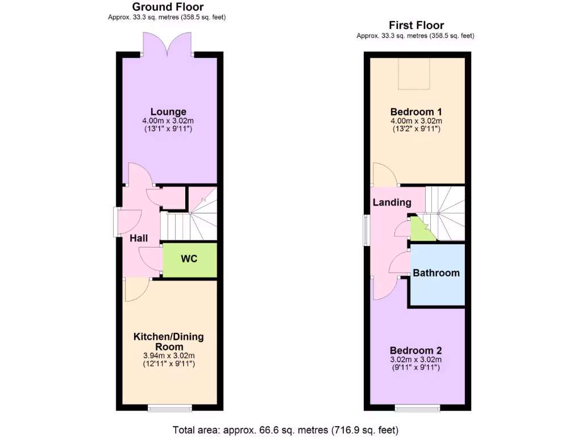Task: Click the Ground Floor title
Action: pyautogui.click(x=168, y=7)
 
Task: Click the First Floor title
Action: pyautogui.click(x=416, y=25)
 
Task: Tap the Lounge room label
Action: pyautogui.click(x=168, y=112)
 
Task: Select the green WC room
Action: pyautogui.click(x=189, y=259)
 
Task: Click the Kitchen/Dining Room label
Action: pyautogui.click(x=168, y=341)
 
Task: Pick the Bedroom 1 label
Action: pyautogui.click(x=416, y=112)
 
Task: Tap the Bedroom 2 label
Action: pyautogui.click(x=415, y=351)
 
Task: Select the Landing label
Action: pyautogui.click(x=392, y=203)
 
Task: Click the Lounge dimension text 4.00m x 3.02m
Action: pyautogui.click(x=168, y=121)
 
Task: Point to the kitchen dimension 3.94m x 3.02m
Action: pyautogui.click(x=168, y=356)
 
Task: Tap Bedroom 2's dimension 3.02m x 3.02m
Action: pyautogui.click(x=415, y=360)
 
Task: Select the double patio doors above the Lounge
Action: pyautogui.click(x=168, y=44)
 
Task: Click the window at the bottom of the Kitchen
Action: pyautogui.click(x=168, y=408)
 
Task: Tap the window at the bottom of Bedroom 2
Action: pyautogui.click(x=418, y=408)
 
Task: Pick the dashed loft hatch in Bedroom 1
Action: pyautogui.click(x=417, y=75)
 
